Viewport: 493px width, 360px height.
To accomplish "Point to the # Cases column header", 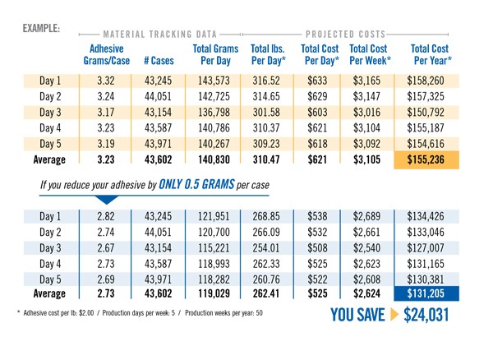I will pyautogui.click(x=157, y=61).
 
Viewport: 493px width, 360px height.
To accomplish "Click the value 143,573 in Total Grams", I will pyautogui.click(x=215, y=81).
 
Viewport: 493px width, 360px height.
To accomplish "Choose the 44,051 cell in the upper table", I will pyautogui.click(x=157, y=97).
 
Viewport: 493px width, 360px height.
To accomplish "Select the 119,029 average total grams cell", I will pyautogui.click(x=215, y=292).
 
